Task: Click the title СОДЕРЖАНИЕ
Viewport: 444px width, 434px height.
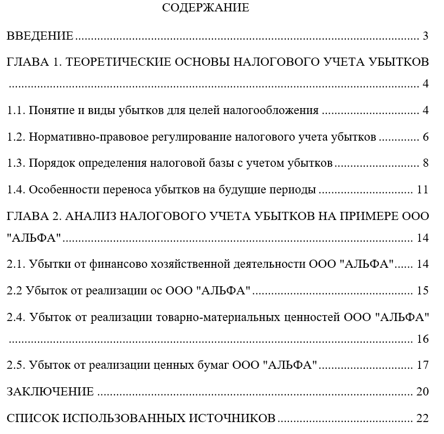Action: coord(205,8)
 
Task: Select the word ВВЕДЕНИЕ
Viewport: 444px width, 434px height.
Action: coord(40,36)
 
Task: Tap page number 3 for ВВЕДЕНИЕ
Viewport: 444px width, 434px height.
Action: coord(426,36)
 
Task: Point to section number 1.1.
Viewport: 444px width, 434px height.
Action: coord(15,110)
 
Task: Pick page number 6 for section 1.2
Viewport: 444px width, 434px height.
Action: coord(426,137)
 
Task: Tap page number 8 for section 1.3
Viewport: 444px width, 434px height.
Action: coord(426,163)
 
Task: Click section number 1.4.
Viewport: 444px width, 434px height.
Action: coord(15,190)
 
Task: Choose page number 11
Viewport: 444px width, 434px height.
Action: coord(423,190)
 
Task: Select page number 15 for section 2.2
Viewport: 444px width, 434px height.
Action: coord(423,291)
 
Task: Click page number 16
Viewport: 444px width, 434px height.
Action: coord(423,339)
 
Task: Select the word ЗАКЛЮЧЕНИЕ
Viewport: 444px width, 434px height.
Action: coord(50,392)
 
